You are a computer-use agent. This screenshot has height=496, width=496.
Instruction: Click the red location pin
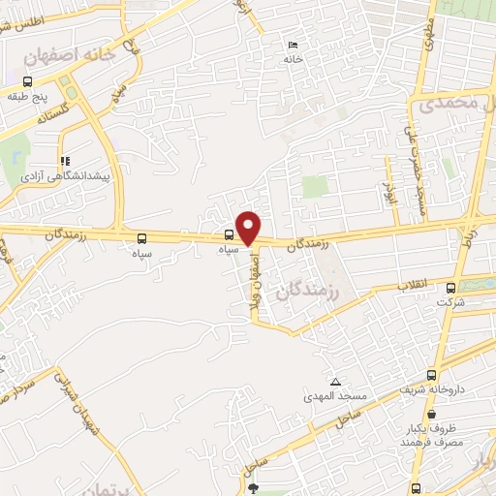(x=249, y=228)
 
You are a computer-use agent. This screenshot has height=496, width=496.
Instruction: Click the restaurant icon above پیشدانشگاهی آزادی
(x=65, y=162)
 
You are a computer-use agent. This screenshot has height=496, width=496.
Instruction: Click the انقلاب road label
(x=415, y=286)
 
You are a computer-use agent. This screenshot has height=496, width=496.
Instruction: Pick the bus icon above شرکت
(x=450, y=287)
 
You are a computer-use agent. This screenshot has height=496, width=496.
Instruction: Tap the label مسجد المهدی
(x=335, y=397)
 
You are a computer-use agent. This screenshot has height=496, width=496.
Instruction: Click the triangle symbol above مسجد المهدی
(x=335, y=383)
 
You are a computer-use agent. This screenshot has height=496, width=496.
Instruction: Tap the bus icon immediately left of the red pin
(x=229, y=233)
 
